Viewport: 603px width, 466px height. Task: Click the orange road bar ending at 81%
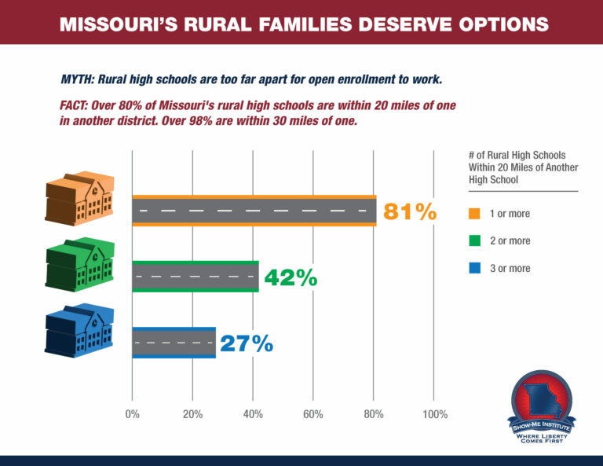254,211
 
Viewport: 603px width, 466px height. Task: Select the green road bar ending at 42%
195,277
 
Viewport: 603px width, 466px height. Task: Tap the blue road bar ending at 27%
174,343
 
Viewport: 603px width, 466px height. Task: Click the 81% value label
409,211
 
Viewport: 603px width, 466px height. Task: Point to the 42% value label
291,277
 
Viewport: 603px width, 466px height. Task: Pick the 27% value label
247,343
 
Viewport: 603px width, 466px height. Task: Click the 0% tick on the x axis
132,414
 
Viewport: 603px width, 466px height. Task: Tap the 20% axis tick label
192,414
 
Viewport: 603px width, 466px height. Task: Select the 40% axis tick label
253,414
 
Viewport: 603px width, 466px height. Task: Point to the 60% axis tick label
312,414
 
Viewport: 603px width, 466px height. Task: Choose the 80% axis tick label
374,414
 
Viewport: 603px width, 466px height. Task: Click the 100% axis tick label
435,414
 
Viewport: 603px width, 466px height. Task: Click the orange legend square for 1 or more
474,213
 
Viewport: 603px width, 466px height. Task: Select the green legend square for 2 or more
474,240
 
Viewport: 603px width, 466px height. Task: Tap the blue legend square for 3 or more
474,268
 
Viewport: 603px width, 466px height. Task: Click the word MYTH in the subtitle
75,80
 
